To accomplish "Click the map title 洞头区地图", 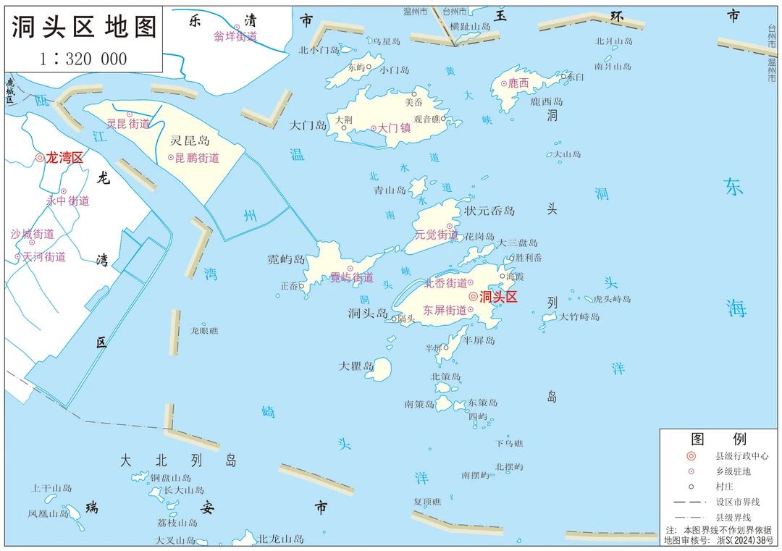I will [x=84, y=27].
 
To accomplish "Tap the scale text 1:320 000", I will [x=84, y=59].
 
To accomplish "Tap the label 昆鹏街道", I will [x=197, y=157].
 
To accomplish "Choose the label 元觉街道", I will [x=436, y=235].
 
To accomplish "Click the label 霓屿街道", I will [x=352, y=277].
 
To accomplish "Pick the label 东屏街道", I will [x=445, y=310].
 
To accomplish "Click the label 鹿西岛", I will [x=547, y=101].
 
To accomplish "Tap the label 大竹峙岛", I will [x=579, y=316].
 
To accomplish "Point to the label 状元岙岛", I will [x=490, y=211].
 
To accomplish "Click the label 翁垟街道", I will [x=235, y=37].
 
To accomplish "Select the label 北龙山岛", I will [x=281, y=539].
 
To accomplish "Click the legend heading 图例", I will [x=718, y=439].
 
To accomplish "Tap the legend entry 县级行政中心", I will [x=741, y=456].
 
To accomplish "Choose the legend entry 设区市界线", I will [x=738, y=502].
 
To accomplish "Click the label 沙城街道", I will [x=33, y=234].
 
